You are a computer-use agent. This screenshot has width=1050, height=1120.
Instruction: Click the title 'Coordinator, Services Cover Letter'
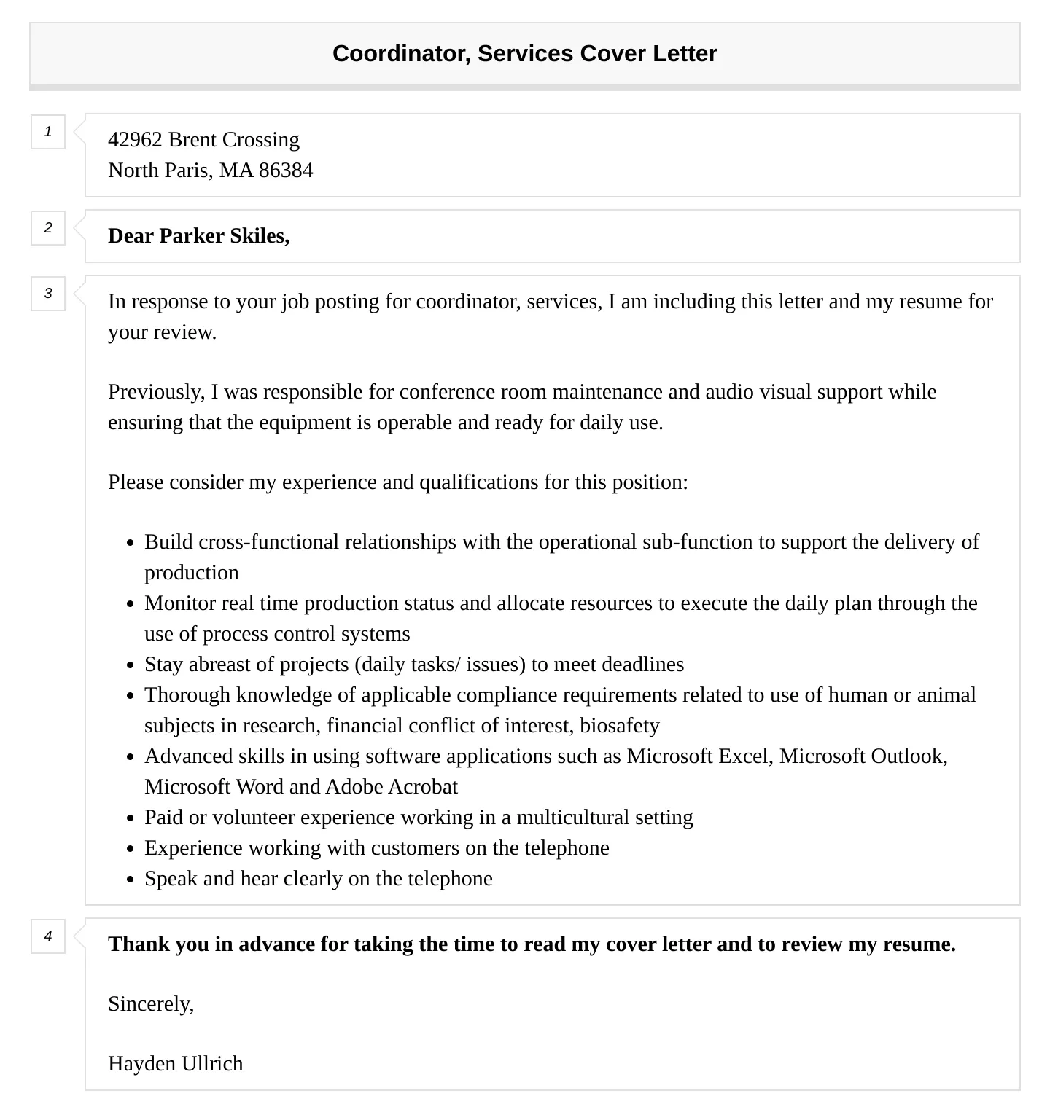click(524, 53)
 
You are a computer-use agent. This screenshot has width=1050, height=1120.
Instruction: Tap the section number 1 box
click(48, 132)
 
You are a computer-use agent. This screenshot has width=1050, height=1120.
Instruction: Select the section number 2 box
click(48, 228)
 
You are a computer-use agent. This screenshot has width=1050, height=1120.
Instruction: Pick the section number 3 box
click(48, 294)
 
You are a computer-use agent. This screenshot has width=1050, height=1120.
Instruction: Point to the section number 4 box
click(48, 936)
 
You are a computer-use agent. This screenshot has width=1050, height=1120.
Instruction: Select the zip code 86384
click(286, 170)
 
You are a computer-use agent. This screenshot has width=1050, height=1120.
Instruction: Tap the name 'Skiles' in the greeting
click(259, 235)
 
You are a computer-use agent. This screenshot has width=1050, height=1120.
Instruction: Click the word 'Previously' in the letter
click(156, 391)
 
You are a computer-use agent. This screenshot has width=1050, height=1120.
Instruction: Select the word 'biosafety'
click(619, 725)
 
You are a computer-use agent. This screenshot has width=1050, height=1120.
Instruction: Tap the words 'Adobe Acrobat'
click(392, 786)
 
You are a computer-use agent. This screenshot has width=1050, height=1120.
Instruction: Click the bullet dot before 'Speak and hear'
click(131, 880)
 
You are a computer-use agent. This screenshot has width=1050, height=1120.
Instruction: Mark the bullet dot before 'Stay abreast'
click(131, 665)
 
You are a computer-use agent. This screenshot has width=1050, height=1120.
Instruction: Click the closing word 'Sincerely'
click(150, 1003)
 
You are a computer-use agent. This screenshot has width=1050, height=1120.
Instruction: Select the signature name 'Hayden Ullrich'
click(175, 1063)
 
